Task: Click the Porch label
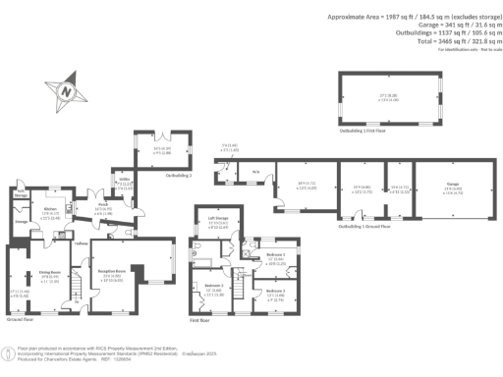coord(101,205)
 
